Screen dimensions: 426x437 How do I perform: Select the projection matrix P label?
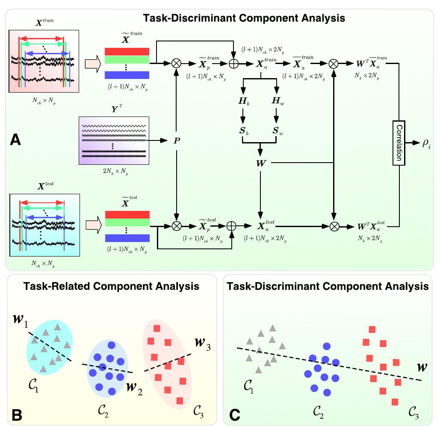[176, 140]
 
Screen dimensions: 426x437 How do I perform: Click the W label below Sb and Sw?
[260, 163]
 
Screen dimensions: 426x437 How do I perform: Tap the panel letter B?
[16, 414]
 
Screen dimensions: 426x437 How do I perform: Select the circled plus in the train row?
[233, 64]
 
